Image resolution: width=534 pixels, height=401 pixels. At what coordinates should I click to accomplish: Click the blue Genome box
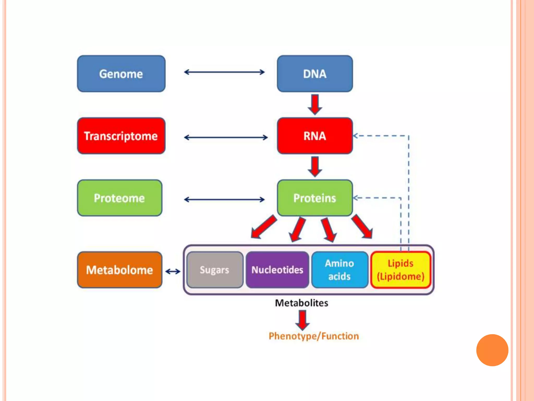[x=121, y=74]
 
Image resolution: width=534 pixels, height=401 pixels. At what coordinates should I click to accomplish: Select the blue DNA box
[x=315, y=74]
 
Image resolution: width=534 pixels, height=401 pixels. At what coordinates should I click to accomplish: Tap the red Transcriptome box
[x=121, y=136]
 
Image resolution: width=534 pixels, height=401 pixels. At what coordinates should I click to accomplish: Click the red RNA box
[x=315, y=136]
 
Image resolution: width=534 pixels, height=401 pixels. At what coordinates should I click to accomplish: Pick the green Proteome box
[x=120, y=198]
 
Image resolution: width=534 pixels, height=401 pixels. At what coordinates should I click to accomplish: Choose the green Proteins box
[x=315, y=198]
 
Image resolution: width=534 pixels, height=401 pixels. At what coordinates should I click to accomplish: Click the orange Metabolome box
[x=120, y=270]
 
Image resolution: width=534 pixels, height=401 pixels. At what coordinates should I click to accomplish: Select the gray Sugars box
[x=215, y=270]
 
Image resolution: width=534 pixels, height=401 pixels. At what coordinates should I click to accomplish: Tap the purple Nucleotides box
[x=277, y=270]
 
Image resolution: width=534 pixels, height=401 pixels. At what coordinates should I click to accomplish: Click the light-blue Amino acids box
[x=339, y=270]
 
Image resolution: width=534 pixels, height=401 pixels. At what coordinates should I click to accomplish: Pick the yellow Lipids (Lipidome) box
[x=400, y=270]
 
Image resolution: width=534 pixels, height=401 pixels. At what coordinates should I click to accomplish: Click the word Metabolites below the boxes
[x=301, y=303]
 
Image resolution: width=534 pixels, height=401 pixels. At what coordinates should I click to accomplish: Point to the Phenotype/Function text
[x=314, y=336]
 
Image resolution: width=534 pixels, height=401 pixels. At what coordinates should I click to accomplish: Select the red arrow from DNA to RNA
[x=315, y=104]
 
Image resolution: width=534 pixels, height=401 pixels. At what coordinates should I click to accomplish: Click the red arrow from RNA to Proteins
[x=315, y=167]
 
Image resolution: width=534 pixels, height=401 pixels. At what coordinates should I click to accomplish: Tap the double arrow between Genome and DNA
[x=224, y=72]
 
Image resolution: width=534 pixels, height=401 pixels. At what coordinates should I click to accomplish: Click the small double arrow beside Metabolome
[x=173, y=272]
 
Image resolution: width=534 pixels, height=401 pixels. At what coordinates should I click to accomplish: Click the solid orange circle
[x=492, y=350]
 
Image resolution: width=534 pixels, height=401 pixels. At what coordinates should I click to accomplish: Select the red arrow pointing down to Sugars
[x=263, y=227]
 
